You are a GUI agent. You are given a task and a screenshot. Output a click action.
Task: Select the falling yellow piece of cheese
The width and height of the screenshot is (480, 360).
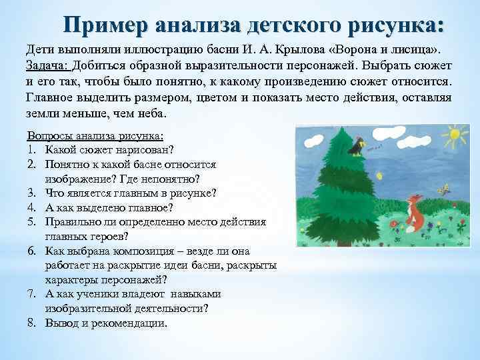click(x=379, y=176)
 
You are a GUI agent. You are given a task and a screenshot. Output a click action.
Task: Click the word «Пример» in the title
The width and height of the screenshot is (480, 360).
click(x=107, y=25)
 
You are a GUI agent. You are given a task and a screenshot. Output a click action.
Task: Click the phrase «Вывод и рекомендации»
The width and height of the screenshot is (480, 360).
click(x=107, y=323)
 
